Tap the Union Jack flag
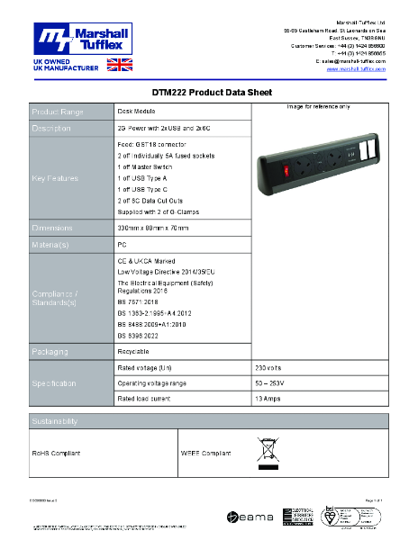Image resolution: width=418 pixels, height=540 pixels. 119,65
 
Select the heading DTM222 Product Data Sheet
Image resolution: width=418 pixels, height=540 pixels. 209,92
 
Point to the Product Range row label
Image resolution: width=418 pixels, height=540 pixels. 59,112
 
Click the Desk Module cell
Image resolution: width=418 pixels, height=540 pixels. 136,111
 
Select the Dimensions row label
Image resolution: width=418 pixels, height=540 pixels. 59,228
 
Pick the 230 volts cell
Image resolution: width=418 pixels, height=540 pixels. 269,368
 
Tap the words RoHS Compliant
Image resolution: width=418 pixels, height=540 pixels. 58,454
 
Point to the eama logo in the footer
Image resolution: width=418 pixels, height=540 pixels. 246,517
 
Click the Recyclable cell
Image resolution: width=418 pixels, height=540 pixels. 134,350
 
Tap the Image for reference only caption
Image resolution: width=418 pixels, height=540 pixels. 319,107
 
